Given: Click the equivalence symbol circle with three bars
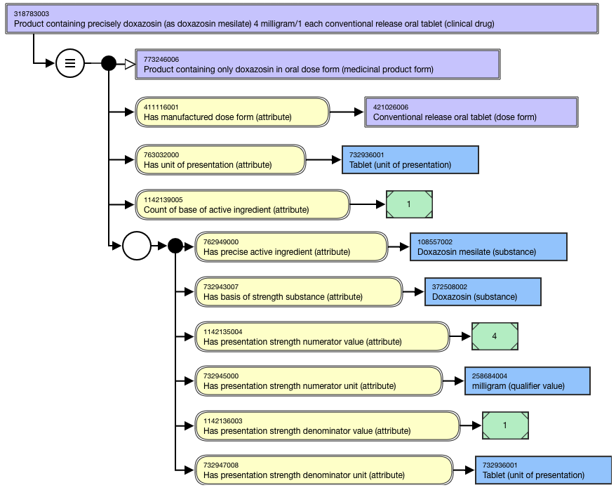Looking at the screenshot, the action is (x=70, y=63).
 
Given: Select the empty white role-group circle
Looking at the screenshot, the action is (x=137, y=246).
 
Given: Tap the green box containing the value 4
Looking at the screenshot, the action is (x=495, y=336).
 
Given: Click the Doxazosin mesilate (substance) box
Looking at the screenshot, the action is (x=488, y=247).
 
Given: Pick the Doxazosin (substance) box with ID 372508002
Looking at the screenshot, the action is (x=483, y=291).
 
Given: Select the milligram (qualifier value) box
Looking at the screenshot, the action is (x=527, y=380).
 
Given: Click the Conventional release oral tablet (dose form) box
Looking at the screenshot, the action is (x=471, y=112).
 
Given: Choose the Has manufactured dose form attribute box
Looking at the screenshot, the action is (x=232, y=112).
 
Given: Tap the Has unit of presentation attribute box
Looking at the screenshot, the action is (x=220, y=159).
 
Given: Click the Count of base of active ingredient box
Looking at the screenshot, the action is (x=242, y=205).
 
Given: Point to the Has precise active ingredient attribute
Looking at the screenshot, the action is (x=291, y=247).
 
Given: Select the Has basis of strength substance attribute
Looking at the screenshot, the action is (x=299, y=291).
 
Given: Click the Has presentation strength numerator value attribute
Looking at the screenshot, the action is (x=322, y=337).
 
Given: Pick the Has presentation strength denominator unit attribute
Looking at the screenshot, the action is (x=323, y=470).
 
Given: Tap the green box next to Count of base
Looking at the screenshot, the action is (x=409, y=204).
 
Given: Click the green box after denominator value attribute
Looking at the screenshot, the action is (x=505, y=425).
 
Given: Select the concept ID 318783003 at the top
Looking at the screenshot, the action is (x=32, y=14).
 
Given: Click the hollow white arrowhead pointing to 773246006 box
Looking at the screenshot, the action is (x=130, y=64).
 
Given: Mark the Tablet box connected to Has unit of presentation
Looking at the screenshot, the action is (x=410, y=159).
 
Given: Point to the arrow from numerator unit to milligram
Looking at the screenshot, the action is (x=453, y=380).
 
